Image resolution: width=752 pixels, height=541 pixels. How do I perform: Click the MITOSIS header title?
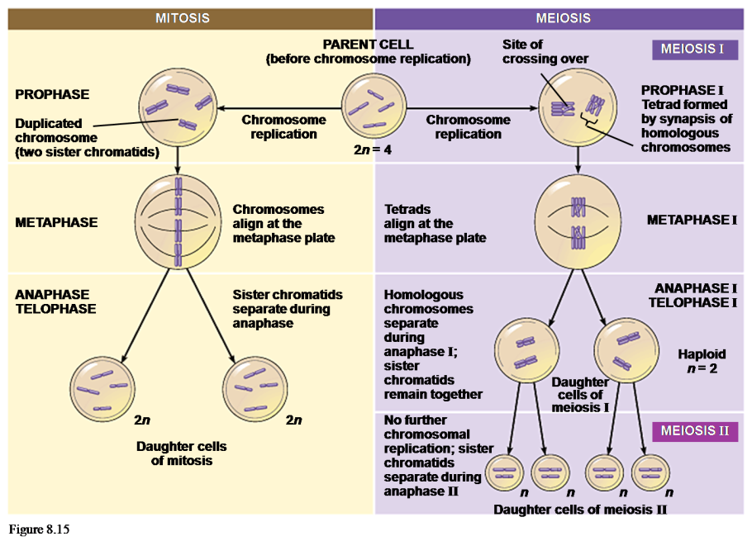pyautogui.click(x=183, y=18)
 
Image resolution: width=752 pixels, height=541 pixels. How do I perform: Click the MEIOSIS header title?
pyautogui.click(x=563, y=18)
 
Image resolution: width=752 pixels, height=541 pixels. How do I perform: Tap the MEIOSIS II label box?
pyautogui.click(x=694, y=431)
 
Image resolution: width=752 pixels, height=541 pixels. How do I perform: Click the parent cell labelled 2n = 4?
pyautogui.click(x=371, y=107)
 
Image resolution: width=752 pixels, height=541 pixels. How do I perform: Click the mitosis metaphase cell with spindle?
pyautogui.click(x=177, y=221)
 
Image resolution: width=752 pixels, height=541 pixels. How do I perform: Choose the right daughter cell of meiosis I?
pyautogui.click(x=627, y=350)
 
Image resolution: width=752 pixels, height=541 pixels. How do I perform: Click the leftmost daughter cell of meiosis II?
pyautogui.click(x=504, y=473)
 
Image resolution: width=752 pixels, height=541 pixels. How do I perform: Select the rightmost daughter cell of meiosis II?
pyautogui.click(x=652, y=473)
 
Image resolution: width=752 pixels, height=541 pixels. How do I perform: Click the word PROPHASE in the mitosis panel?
pyautogui.click(x=52, y=95)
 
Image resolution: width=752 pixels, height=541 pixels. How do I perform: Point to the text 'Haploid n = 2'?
pyautogui.click(x=702, y=361)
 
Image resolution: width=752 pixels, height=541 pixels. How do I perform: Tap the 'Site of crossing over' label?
pyautogui.click(x=545, y=51)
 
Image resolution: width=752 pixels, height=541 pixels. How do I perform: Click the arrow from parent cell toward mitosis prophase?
pyautogui.click(x=281, y=107)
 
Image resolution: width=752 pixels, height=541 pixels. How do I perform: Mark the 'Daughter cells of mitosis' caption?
pyautogui.click(x=182, y=453)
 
